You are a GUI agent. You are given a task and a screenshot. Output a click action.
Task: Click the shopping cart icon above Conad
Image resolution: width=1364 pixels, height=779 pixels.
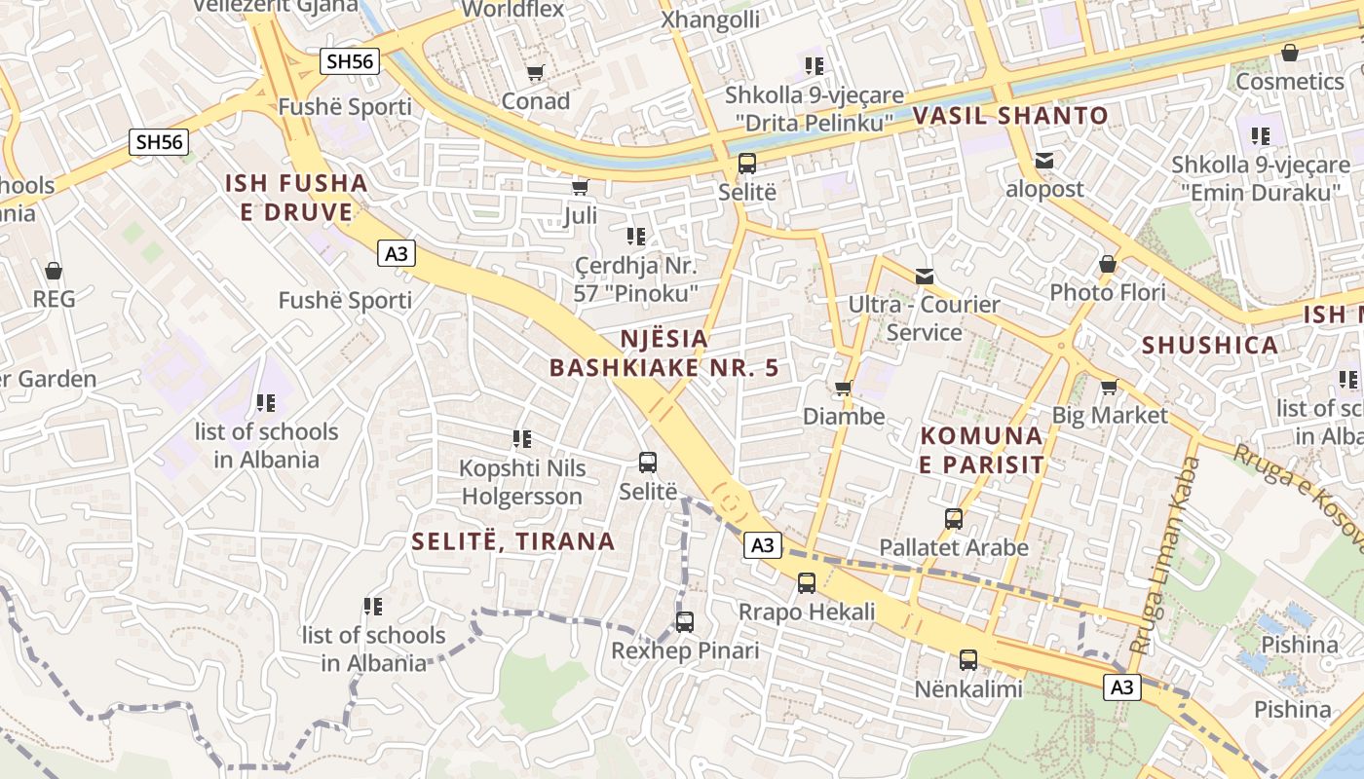click(x=535, y=73)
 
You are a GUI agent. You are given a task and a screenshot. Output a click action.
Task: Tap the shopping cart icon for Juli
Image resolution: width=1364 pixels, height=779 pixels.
click(x=580, y=187)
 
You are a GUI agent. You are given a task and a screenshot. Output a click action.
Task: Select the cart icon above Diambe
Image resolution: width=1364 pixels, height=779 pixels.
click(x=844, y=389)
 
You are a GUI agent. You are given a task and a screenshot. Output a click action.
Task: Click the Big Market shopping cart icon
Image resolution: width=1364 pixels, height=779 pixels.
click(x=1109, y=388)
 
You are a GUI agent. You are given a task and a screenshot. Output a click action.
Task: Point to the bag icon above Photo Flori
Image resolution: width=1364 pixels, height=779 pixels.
click(x=1108, y=264)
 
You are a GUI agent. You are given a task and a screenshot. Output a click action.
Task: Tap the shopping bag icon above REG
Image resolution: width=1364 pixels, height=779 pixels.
click(x=54, y=271)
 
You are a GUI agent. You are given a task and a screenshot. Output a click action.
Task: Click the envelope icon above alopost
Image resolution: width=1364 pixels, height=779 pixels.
click(x=1044, y=161)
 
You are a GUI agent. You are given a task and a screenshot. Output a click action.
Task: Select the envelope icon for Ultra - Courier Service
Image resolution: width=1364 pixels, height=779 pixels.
click(x=925, y=277)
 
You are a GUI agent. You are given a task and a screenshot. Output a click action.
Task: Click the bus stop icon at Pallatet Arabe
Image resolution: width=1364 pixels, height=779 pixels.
click(x=954, y=519)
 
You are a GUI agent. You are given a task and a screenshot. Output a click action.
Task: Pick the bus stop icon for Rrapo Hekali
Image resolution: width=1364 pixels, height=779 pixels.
click(x=807, y=583)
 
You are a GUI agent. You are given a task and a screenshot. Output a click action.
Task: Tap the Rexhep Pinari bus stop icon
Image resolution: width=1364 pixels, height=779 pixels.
click(x=685, y=621)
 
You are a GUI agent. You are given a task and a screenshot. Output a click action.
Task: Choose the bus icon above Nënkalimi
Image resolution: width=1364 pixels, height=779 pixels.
click(x=967, y=660)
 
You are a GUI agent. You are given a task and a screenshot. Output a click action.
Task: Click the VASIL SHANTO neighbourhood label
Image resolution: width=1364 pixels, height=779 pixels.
click(x=1010, y=116)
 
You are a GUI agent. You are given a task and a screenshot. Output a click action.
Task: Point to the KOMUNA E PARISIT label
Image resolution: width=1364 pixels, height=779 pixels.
click(x=982, y=450)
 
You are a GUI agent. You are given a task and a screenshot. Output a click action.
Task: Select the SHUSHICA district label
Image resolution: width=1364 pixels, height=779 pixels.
click(x=1209, y=345)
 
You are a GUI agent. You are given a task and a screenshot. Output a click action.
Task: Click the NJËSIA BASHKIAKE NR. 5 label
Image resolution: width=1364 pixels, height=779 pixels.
click(x=665, y=352)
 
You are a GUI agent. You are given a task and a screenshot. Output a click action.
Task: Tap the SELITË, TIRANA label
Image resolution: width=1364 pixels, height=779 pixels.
click(x=513, y=541)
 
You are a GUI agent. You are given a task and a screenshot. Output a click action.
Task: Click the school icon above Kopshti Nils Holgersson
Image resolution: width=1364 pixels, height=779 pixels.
click(x=522, y=439)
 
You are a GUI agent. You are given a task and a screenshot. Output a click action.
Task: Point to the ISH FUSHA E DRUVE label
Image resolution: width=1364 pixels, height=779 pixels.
click(x=296, y=197)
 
